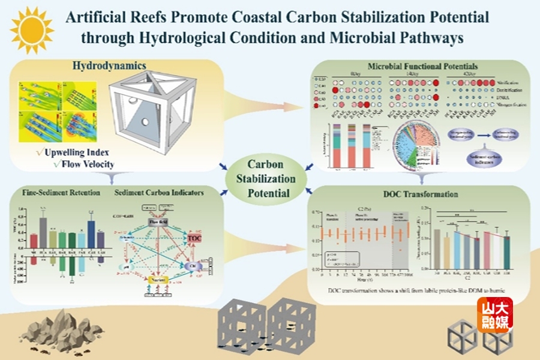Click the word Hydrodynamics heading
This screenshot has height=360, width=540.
[109, 65]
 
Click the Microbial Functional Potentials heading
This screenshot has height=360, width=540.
[415, 64]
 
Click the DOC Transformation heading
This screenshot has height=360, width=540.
[420, 194]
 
